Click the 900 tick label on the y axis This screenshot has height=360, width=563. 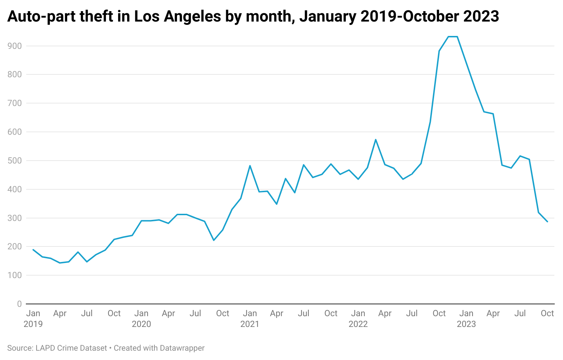coord(14,46)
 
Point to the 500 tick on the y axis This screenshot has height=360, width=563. coord(14,161)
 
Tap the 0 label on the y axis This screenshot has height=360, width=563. coord(19,304)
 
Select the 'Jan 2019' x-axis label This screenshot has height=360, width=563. coord(33,318)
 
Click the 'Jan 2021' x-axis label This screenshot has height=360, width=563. coord(250,318)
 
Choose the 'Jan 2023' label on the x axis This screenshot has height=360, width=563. coord(466,318)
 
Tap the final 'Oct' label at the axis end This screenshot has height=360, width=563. coord(547,313)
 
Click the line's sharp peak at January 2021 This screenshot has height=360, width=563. coord(250,166)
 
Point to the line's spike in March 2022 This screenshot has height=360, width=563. coord(376,139)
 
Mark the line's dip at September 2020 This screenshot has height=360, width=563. coord(214,240)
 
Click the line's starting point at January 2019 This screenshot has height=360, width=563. coord(33,250)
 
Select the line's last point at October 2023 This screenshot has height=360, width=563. coord(547,222)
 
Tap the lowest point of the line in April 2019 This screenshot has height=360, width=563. coord(60,263)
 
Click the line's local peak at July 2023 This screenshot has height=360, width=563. coord(520,156)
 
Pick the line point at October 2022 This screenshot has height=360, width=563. coord(439,51)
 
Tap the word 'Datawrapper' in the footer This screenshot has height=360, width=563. coord(182,348)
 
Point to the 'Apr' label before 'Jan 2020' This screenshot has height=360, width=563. coord(60,313)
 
